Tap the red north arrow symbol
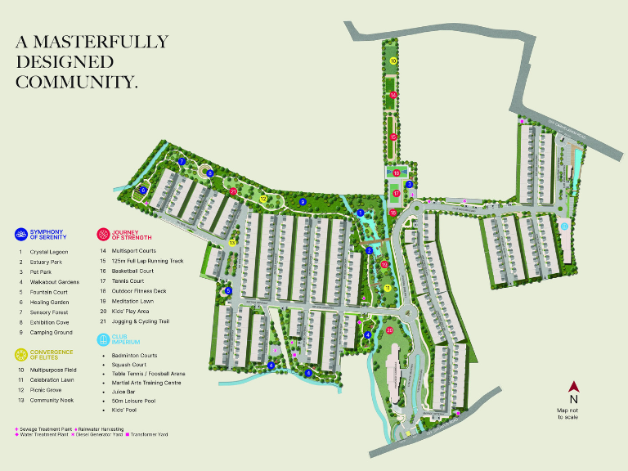pos(574,388)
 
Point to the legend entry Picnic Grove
pos(50,390)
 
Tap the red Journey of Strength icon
pos(103,235)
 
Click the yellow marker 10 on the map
pos(393,61)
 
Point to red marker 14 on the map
pos(393,96)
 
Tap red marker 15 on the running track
pos(393,137)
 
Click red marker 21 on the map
pos(233,191)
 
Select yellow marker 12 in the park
pos(263,199)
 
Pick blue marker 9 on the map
pos(303,202)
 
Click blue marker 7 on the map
pos(182,162)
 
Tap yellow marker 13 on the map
pos(232,243)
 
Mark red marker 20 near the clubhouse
pos(390,330)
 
